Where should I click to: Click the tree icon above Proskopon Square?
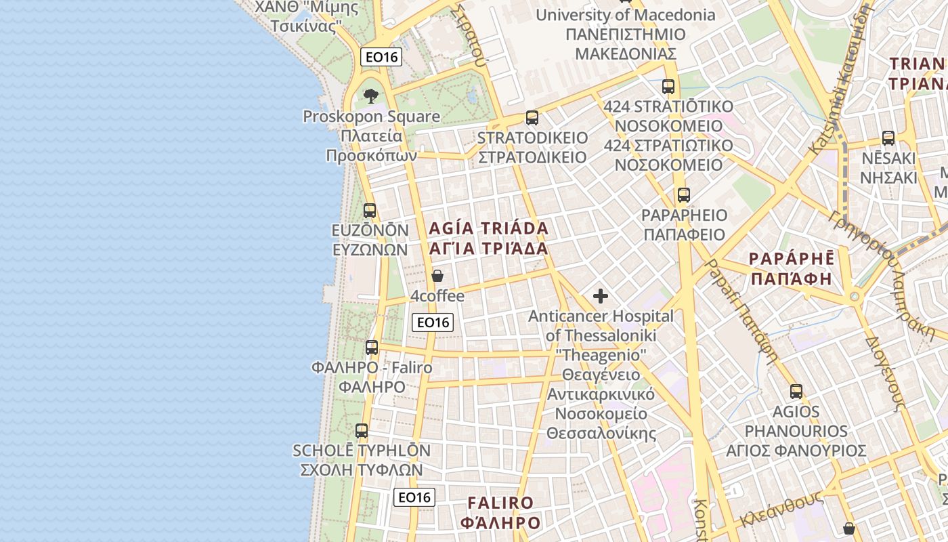[x=370, y=96]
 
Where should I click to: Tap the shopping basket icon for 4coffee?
[x=437, y=276]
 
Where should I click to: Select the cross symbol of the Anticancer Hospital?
[x=600, y=296]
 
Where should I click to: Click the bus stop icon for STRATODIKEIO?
[x=532, y=118]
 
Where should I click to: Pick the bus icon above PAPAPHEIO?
[x=684, y=195]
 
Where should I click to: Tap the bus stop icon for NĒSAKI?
[x=888, y=138]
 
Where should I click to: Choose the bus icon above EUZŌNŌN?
[x=370, y=210]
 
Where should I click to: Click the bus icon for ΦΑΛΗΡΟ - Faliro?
[x=372, y=348]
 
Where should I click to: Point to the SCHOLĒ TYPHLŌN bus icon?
[x=362, y=430]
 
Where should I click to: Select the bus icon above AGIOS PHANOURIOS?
[x=796, y=391]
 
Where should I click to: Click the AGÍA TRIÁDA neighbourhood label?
[x=488, y=228]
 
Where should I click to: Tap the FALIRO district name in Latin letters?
[x=500, y=503]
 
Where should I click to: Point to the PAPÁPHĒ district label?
[x=791, y=259]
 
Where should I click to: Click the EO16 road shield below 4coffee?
[x=433, y=322]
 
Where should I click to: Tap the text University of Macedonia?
[x=625, y=15]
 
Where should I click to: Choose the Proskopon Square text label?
[x=371, y=117]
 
